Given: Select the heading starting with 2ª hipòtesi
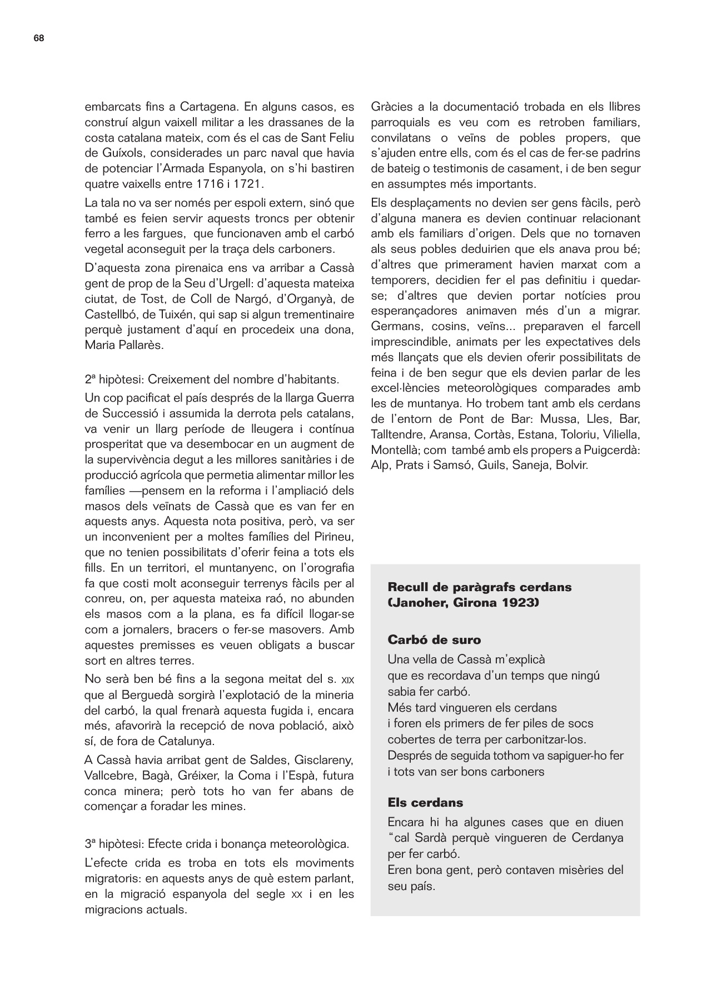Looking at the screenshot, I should point(212,380).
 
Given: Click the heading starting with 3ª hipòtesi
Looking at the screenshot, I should point(217,844).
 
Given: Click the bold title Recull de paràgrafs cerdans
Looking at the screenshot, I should point(479,587).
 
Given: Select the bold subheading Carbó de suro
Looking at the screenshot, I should point(434,639).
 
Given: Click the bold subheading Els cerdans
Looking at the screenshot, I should point(425,803).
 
